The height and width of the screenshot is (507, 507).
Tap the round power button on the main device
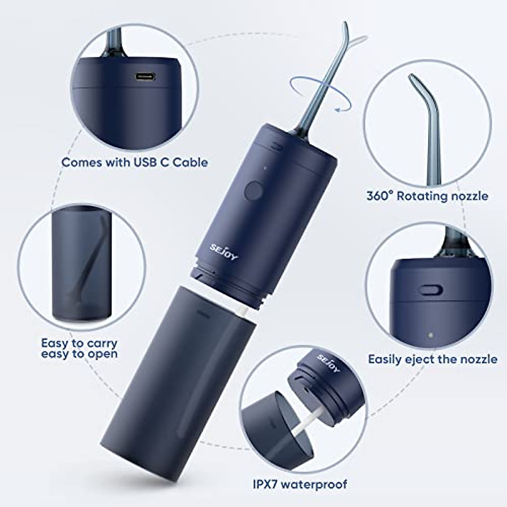(253, 191)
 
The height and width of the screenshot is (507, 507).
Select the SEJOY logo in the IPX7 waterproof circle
(329, 363)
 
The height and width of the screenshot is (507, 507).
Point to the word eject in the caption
(422, 360)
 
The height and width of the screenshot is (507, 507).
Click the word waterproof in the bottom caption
(320, 483)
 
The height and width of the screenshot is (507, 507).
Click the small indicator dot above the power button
(264, 169)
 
